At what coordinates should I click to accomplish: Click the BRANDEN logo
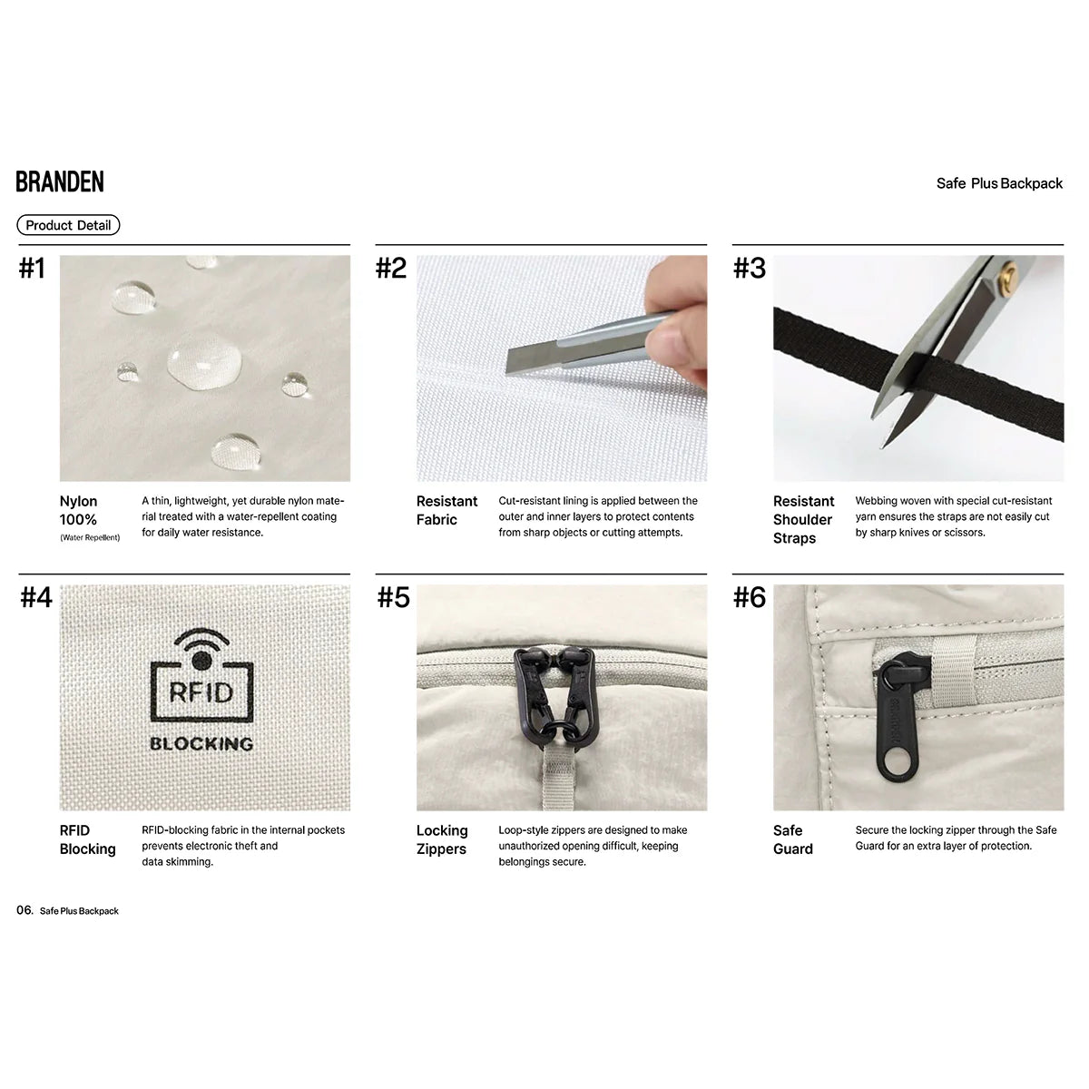[x=60, y=181]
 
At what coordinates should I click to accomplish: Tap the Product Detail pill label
[x=68, y=225]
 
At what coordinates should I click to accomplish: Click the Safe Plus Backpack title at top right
[x=999, y=183]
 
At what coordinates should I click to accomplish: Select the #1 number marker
[x=32, y=268]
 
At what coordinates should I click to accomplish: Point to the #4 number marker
[x=36, y=597]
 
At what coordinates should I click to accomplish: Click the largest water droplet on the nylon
[x=204, y=361]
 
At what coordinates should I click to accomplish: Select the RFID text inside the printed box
[x=201, y=692]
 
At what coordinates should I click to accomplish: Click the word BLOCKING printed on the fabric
[x=201, y=744]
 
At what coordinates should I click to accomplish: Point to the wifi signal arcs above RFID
[x=201, y=637]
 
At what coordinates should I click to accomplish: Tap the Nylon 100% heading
[x=79, y=510]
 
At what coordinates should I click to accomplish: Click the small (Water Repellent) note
[x=91, y=537]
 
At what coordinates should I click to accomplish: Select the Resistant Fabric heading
[x=447, y=510]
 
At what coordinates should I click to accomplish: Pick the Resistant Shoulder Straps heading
[x=804, y=519]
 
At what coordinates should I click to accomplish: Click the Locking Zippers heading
[x=442, y=839]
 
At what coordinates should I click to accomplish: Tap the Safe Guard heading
[x=793, y=839]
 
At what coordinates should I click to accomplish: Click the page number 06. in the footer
[x=25, y=910]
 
